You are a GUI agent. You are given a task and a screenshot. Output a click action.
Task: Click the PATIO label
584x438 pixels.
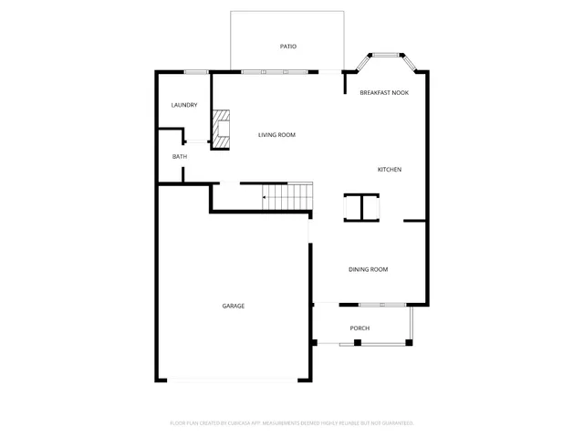287,47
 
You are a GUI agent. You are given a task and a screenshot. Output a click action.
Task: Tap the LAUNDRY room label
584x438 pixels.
184,105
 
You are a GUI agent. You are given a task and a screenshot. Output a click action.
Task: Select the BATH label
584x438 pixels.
180,156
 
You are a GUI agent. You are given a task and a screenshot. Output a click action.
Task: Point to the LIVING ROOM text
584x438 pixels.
276,135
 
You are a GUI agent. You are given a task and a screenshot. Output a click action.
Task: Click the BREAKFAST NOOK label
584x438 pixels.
383,92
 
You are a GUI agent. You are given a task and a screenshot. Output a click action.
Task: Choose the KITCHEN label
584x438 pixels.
390,170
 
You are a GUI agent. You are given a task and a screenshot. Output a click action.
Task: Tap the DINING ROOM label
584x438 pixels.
369,269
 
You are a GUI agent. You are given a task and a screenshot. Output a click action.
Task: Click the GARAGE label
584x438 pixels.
234,306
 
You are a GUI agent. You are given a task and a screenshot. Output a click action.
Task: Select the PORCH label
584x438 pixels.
360,328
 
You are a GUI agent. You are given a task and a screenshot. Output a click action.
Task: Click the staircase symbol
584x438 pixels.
288,195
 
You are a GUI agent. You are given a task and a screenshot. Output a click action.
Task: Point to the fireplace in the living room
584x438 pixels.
221,128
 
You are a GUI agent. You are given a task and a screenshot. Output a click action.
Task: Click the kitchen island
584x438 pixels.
360,208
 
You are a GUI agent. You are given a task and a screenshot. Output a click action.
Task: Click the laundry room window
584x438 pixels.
196,71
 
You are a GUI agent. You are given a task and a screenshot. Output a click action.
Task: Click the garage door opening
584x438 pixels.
233,381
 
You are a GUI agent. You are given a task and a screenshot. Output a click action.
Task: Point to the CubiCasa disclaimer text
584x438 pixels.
292,423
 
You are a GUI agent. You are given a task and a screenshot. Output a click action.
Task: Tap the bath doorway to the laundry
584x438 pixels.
195,141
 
